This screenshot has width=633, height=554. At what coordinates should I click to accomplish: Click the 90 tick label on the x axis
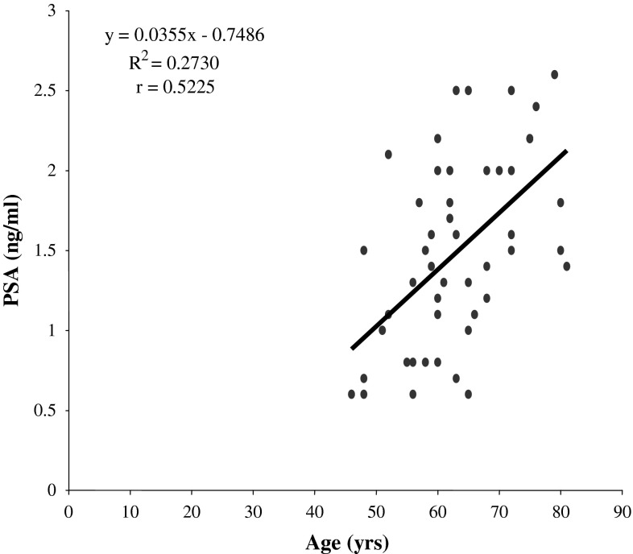coord(622,511)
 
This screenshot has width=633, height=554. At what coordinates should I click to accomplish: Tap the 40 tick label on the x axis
coord(314,511)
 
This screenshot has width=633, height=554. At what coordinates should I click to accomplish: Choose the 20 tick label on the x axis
coord(192,511)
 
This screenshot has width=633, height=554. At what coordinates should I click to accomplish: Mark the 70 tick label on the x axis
coord(499,511)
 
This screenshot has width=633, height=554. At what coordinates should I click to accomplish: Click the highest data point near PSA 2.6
coord(554,75)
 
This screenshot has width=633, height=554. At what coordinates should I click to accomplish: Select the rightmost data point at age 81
coord(567,267)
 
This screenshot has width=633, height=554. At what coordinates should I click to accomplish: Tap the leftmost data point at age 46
coord(351,395)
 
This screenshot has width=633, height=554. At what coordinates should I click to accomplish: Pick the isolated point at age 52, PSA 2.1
coord(388,155)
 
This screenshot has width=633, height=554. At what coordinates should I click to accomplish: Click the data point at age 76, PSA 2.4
coord(536,106)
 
